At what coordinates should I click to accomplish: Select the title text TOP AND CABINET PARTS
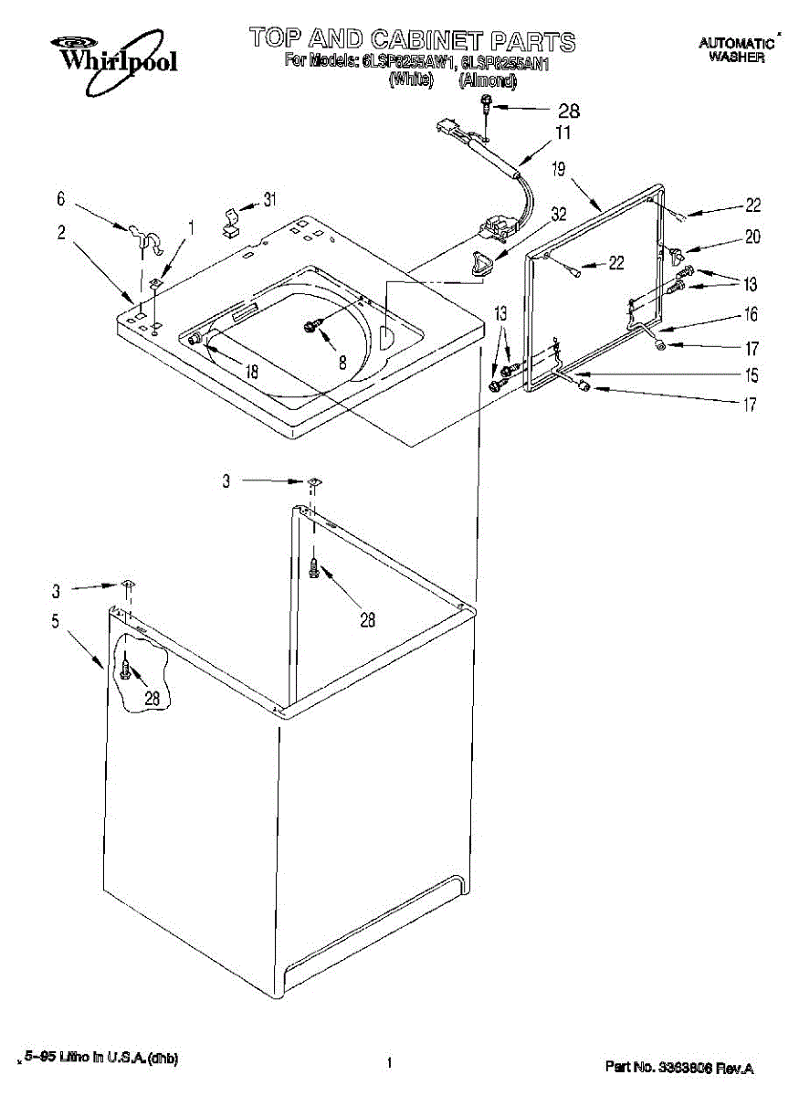tap(413, 40)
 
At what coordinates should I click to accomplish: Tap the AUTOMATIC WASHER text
tap(736, 49)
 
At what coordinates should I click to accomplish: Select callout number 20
tap(752, 237)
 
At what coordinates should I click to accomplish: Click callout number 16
tap(751, 315)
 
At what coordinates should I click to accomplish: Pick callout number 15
tap(751, 375)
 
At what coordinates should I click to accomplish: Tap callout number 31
tap(269, 199)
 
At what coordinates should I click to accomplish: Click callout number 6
tap(61, 198)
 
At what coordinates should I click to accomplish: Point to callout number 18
tap(252, 372)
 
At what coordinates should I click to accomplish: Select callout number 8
tap(342, 362)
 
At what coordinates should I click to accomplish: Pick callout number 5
tap(56, 622)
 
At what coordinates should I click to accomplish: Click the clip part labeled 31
tap(232, 222)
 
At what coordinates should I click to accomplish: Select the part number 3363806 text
tap(679, 1067)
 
